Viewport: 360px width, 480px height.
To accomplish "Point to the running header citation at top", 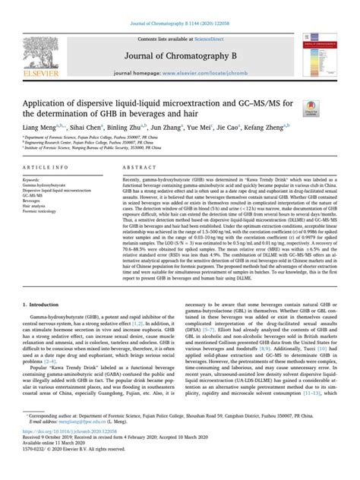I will pyautogui.click(x=180, y=6).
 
